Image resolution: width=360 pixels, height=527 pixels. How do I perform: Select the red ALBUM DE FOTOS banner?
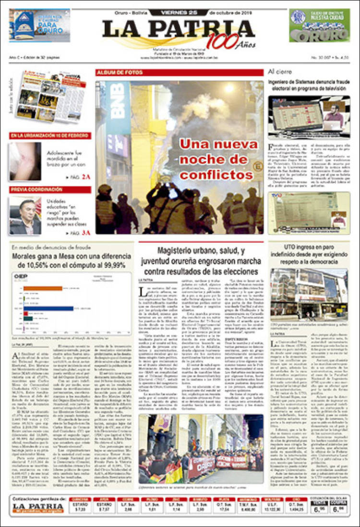(120, 73)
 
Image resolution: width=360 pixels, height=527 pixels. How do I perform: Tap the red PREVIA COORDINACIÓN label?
(34, 190)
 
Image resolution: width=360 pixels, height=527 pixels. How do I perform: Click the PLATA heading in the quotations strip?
(221, 499)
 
